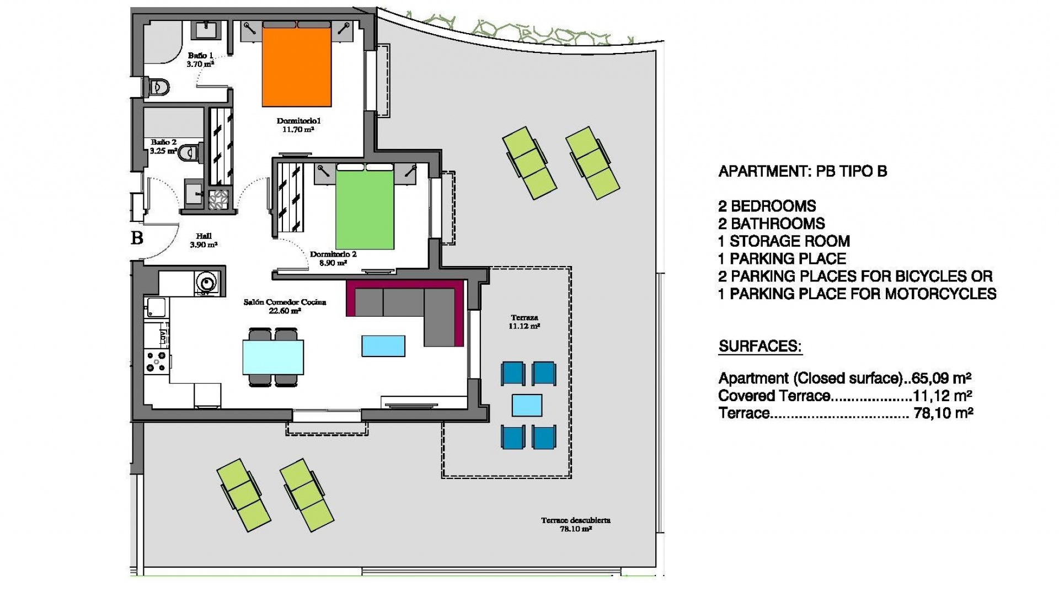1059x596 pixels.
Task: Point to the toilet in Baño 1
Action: coord(157,87)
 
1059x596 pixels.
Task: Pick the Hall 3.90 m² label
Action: coord(204,241)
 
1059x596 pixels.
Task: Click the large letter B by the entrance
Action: coord(137,238)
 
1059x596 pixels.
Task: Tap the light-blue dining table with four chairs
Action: coord(273,357)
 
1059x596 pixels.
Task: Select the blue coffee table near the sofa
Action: coord(383,346)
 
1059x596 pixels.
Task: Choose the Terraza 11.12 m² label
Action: coord(524,322)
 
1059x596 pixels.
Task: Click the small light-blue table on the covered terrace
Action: coord(527,405)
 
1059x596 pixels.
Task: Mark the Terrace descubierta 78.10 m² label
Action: coord(575,524)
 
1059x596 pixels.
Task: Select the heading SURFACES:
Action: coord(760,347)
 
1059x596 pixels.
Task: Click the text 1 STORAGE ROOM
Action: coord(783,241)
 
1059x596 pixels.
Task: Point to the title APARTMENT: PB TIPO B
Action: coord(803,172)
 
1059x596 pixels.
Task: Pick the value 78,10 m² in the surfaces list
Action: coord(943,413)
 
